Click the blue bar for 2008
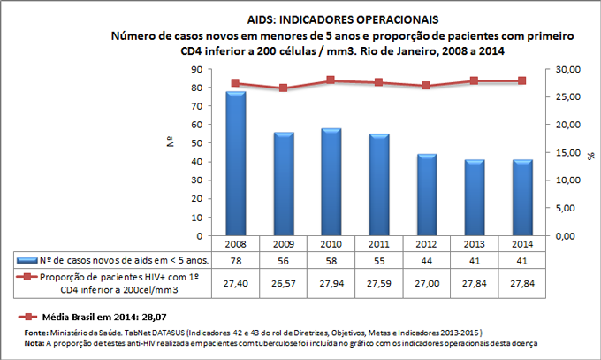(235, 164)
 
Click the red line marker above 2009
(283, 88)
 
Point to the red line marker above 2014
(521, 80)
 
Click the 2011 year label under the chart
(378, 243)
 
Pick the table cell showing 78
(235, 259)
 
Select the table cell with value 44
(426, 259)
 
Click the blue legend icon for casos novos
(27, 259)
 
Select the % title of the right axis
(590, 153)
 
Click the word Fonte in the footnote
(39, 332)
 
